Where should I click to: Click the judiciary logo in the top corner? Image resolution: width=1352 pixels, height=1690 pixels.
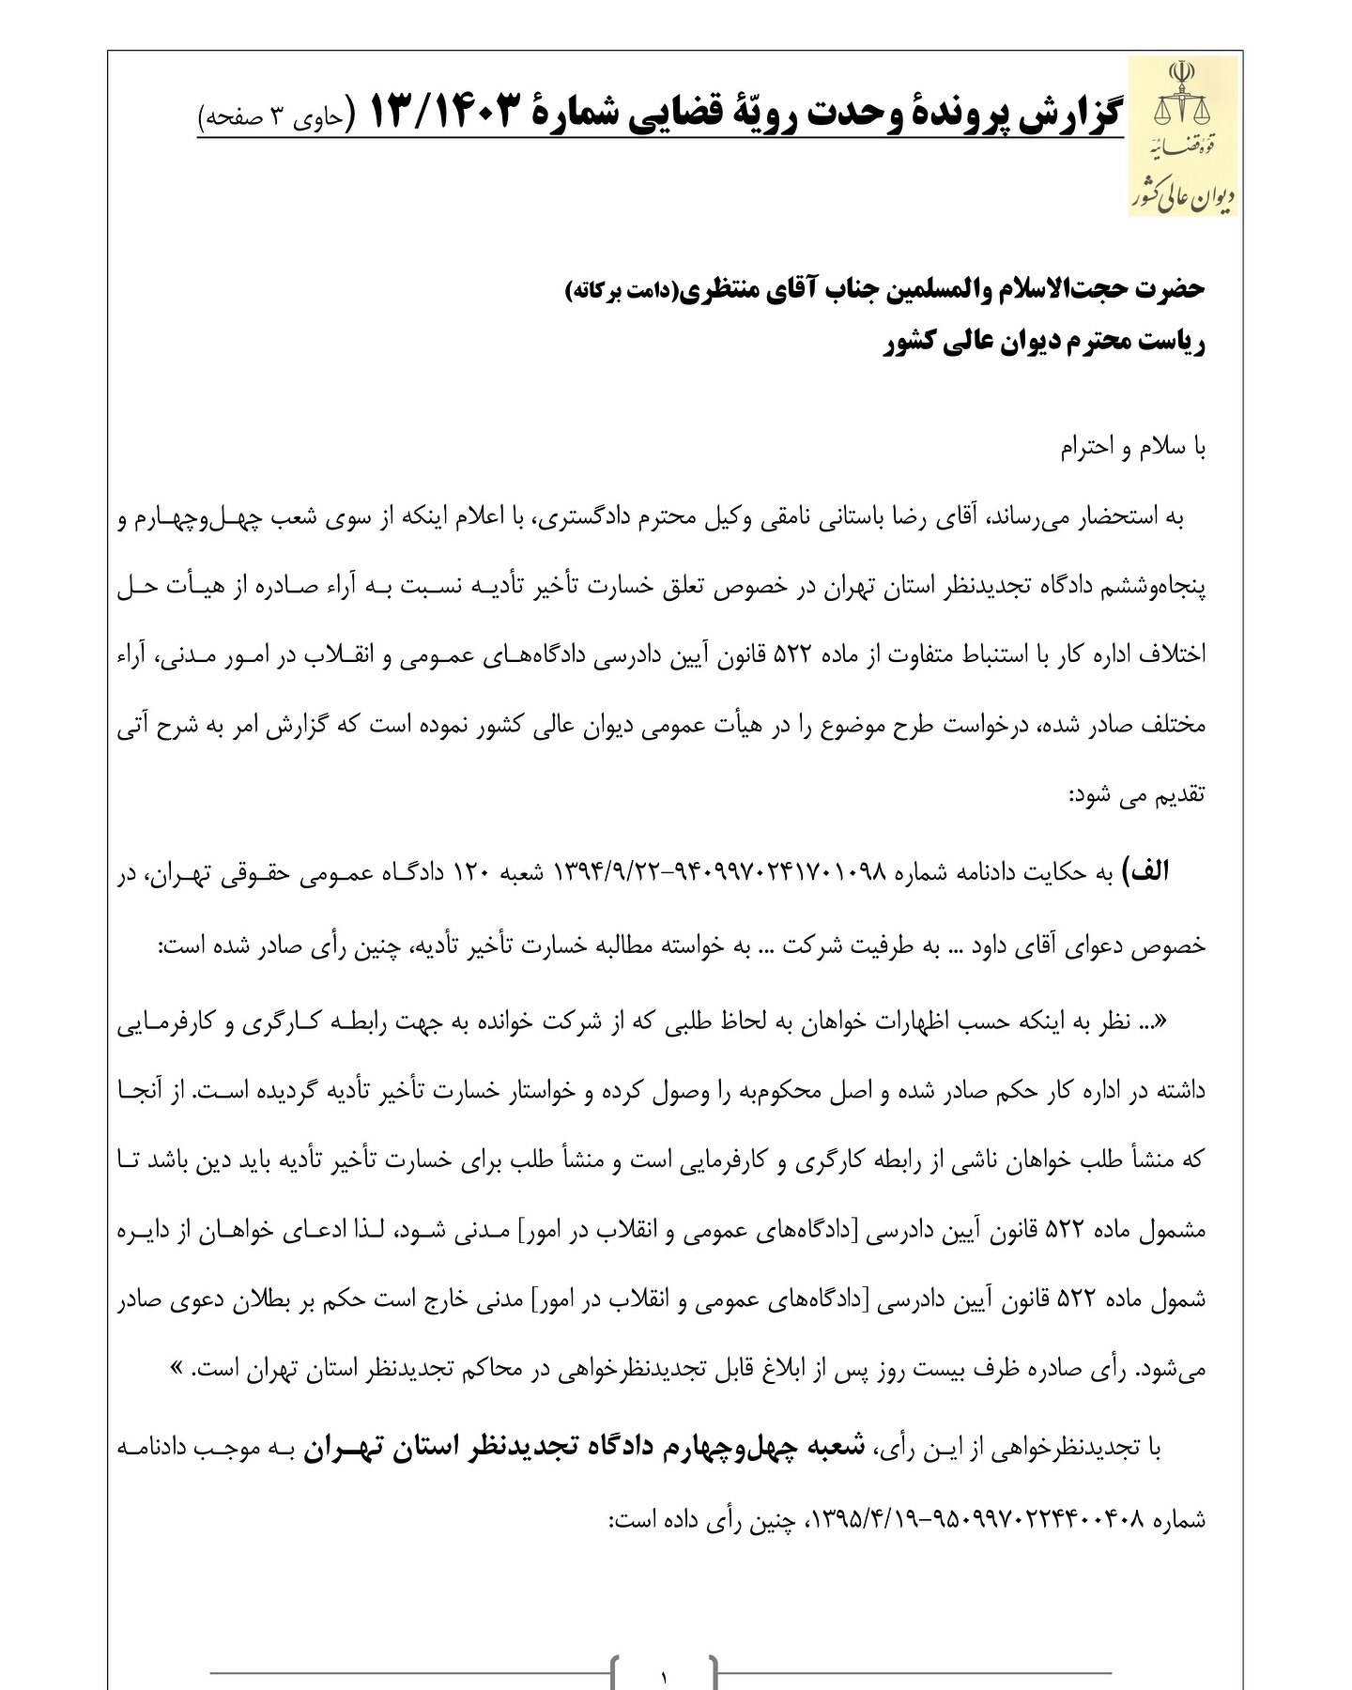pos(1182,136)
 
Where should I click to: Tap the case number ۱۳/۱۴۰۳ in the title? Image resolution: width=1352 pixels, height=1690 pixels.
pos(444,113)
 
